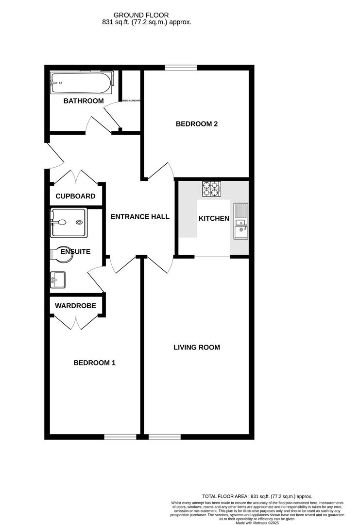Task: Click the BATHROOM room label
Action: pos(84,101)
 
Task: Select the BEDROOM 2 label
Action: pos(196,124)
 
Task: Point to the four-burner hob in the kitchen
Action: pos(211,189)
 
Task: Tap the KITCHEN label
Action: pos(214,219)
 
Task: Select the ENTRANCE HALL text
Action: pos(140,217)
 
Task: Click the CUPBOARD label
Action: pos(75,197)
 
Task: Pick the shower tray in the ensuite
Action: pos(69,222)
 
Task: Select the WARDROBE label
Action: pos(75,306)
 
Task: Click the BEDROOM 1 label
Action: pos(94,363)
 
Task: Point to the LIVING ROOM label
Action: pos(197,348)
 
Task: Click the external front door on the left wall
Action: pos(53,156)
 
